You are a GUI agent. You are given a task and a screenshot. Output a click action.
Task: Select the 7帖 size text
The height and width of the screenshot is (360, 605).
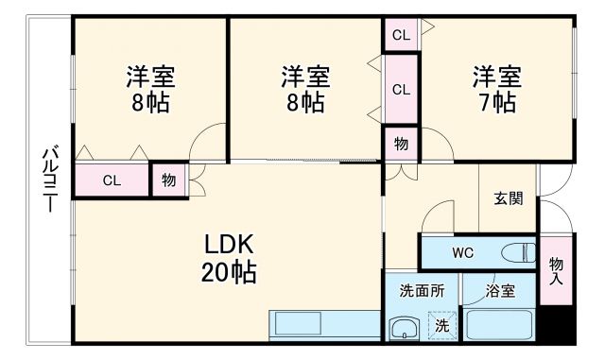click(496, 102)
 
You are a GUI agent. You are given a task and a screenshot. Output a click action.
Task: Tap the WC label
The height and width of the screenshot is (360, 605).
click(462, 253)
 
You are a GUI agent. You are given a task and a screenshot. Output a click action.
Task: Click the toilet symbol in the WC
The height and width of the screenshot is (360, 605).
click(517, 253)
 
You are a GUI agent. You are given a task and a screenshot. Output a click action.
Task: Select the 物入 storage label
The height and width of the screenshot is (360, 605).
click(556, 270)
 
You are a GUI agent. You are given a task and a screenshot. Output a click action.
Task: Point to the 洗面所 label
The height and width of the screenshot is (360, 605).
click(422, 291)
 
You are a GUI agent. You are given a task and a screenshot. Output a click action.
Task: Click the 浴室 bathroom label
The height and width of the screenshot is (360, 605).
click(501, 291)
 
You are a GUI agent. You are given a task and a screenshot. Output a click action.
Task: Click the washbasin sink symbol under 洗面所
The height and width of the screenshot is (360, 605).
click(406, 330)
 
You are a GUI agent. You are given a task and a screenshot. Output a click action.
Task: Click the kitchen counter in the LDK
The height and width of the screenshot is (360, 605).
click(325, 326)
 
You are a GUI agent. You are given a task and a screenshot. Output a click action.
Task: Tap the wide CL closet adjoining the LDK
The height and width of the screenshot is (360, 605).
click(112, 180)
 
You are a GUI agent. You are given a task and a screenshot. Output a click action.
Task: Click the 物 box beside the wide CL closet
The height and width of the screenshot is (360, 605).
click(167, 180)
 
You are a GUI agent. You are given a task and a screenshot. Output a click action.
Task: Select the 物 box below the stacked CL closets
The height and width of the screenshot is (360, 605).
click(401, 144)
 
